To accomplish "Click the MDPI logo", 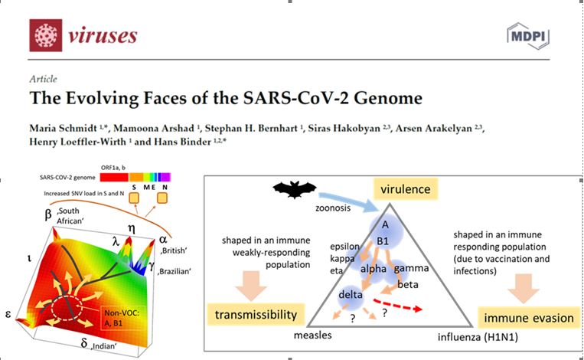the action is point(528,36).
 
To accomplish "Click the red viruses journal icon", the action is point(46,35).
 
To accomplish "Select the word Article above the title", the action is point(43,79).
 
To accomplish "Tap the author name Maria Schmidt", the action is point(63,128).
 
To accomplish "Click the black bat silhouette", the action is point(295,189).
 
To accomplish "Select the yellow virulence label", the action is point(406,189).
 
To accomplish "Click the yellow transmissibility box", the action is point(256,315).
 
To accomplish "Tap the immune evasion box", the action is point(529,318).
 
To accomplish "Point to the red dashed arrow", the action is point(398,305).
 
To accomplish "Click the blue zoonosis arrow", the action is point(349,202).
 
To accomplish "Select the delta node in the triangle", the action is point(351,295).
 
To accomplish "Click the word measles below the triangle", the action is point(312,335).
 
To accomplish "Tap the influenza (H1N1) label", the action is point(478,337).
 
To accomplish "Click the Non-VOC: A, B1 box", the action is point(122,319).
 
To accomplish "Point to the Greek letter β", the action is point(48,214).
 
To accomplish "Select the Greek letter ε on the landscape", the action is point(8,314).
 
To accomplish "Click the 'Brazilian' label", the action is point(174,271).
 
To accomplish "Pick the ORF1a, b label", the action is point(113,168).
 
